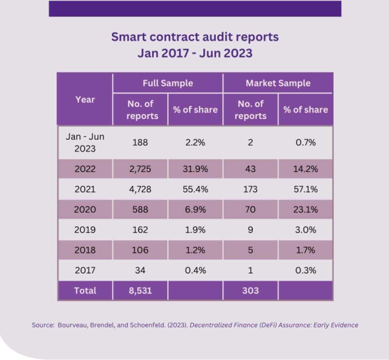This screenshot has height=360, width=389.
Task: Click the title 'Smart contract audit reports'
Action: click(x=194, y=37)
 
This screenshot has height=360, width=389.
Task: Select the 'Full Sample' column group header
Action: click(x=168, y=83)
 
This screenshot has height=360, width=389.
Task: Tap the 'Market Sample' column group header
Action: click(x=278, y=83)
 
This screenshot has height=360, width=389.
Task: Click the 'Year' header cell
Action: click(x=85, y=100)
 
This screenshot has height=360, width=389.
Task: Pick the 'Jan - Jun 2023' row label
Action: click(x=85, y=143)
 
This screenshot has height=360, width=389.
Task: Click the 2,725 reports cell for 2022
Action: click(x=140, y=169)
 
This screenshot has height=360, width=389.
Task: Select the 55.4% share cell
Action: click(x=195, y=189)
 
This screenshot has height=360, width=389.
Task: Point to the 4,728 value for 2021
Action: click(x=140, y=189)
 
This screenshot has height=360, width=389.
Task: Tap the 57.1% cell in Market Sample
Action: click(x=305, y=189)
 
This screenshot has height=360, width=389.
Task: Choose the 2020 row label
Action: click(x=85, y=209)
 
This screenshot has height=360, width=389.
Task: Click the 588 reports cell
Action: click(x=140, y=209)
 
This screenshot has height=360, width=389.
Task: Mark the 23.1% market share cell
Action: click(x=305, y=209)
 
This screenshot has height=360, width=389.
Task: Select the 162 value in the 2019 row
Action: click(x=140, y=230)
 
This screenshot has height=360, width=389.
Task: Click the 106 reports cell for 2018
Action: click(x=140, y=250)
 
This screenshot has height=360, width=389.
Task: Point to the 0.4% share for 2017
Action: click(x=195, y=270)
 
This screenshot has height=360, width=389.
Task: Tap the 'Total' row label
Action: click(x=85, y=291)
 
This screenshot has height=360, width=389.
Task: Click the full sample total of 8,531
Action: click(x=140, y=291)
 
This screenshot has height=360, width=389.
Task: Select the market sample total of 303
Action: click(x=250, y=291)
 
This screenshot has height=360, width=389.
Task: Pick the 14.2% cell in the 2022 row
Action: click(x=305, y=169)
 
